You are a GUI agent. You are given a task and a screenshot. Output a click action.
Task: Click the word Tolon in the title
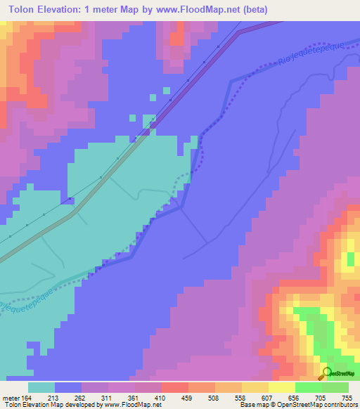pyautogui.click(x=24, y=11)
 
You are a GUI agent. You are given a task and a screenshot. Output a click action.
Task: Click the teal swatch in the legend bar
pyautogui.click(x=41, y=387)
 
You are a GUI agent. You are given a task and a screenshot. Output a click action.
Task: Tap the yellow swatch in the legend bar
pyautogui.click(x=281, y=387)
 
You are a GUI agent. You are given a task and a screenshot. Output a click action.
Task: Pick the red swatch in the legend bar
pyautogui.click(x=174, y=387)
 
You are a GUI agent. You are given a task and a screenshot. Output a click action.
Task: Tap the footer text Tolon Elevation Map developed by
pyautogui.click(x=49, y=404)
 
